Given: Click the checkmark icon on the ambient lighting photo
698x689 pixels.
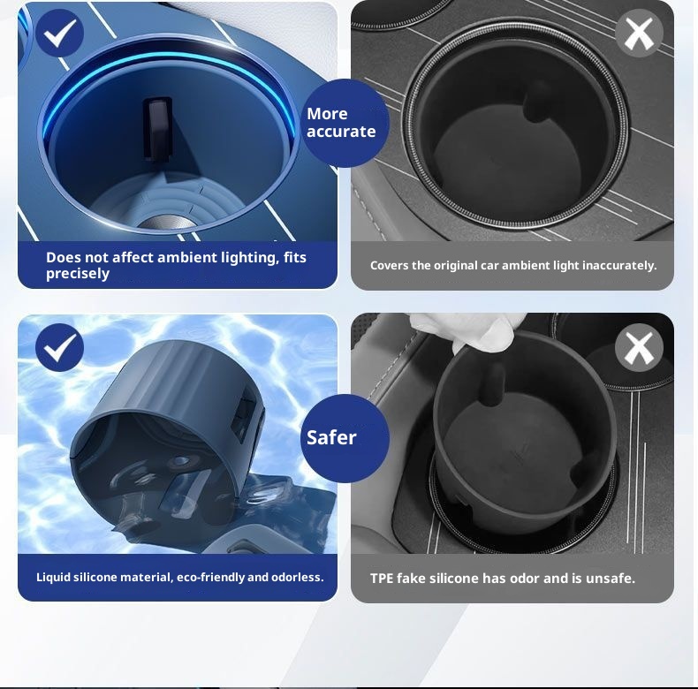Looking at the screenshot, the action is [x=60, y=34].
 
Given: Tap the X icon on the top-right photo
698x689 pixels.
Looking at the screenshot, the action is [x=639, y=34].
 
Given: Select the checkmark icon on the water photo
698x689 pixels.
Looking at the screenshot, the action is [x=60, y=348].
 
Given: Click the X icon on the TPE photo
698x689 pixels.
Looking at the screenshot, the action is [x=639, y=348].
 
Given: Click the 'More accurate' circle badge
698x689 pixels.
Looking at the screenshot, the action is [x=345, y=124].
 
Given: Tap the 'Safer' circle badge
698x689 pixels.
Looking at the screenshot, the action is [x=345, y=438].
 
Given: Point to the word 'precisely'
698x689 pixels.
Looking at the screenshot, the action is [x=78, y=274].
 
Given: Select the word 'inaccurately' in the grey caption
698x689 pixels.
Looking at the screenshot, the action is [x=619, y=266].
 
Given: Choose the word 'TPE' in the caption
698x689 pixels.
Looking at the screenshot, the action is [x=382, y=579].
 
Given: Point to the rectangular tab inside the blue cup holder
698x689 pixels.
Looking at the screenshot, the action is [x=157, y=129].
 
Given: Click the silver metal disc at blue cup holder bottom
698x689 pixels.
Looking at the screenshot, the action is [x=167, y=222].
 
